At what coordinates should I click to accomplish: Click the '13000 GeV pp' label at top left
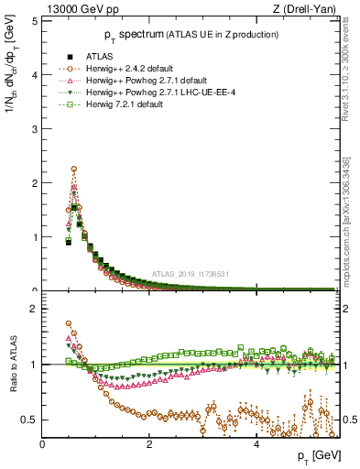tap(72, 8)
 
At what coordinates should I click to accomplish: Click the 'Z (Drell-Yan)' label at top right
tap(307, 8)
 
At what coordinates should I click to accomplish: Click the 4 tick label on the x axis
tap(256, 443)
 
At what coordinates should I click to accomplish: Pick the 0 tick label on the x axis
tap(42, 443)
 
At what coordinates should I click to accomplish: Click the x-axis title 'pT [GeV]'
tap(316, 456)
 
